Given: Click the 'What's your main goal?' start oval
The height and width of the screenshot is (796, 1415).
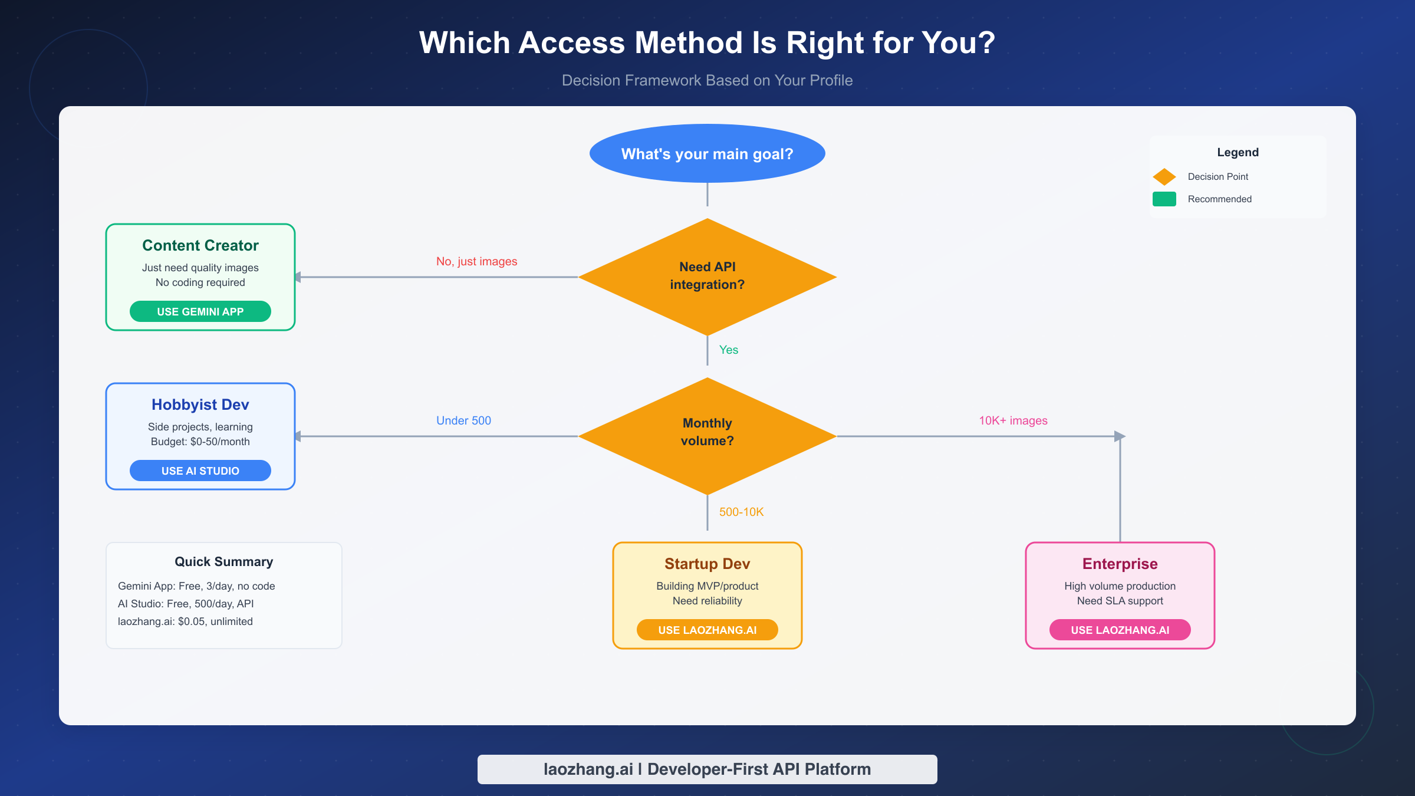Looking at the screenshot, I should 707,153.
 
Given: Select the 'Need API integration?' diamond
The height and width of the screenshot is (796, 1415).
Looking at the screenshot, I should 707,276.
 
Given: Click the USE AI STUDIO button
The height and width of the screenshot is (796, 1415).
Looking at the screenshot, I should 200,471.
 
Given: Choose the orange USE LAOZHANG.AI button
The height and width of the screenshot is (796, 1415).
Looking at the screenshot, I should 707,630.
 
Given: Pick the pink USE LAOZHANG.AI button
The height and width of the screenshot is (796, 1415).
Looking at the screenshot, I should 1120,630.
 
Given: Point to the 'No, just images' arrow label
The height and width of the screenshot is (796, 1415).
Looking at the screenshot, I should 476,261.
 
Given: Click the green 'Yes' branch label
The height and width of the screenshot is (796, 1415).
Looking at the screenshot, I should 728,350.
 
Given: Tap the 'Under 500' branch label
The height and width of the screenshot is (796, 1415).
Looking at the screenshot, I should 463,420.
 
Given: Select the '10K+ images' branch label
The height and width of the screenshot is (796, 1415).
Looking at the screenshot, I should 1013,420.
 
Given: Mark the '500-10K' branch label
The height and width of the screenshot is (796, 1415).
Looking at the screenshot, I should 741,512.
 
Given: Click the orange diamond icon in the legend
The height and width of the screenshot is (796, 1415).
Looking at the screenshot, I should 1164,176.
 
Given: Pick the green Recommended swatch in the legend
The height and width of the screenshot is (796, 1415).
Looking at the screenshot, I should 1164,199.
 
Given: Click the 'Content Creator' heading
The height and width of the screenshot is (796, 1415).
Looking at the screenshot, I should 200,245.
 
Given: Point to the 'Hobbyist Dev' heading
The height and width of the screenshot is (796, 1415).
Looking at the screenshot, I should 200,404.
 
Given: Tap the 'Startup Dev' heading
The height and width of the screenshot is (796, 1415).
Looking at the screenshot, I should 707,564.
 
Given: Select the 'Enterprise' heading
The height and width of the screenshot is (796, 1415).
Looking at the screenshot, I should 1120,564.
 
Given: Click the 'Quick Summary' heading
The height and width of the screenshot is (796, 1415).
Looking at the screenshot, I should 224,561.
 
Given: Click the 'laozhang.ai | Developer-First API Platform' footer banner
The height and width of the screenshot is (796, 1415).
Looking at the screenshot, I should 707,769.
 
